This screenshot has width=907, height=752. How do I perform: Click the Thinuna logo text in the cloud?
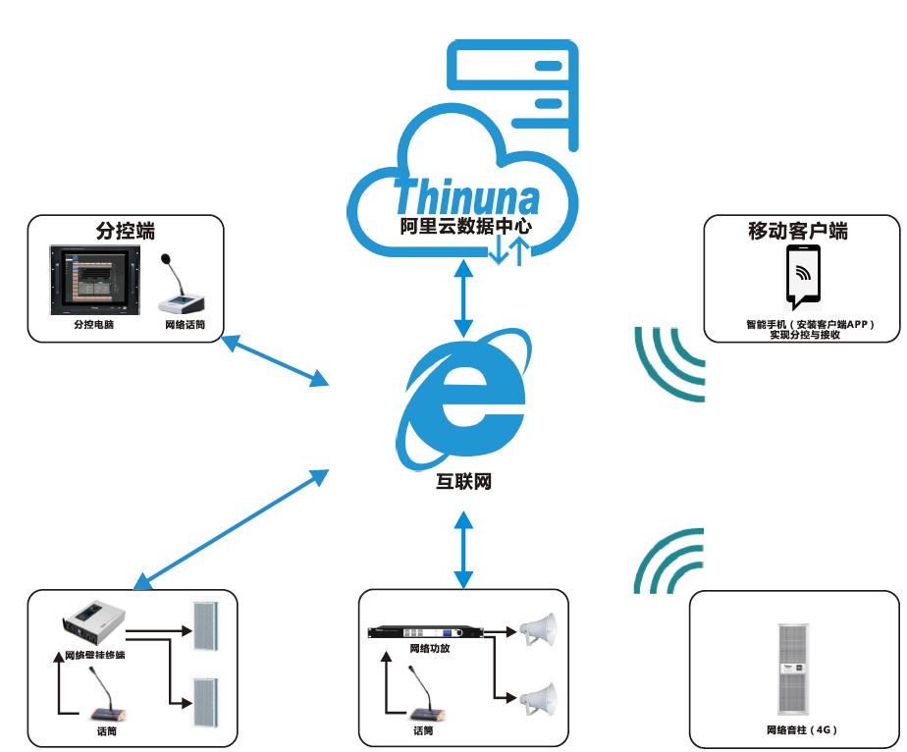coord(467,195)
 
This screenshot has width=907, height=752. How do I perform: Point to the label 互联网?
coord(463,483)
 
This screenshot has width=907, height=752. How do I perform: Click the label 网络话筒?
coord(183,323)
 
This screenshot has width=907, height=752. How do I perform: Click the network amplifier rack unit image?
coord(424,632)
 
